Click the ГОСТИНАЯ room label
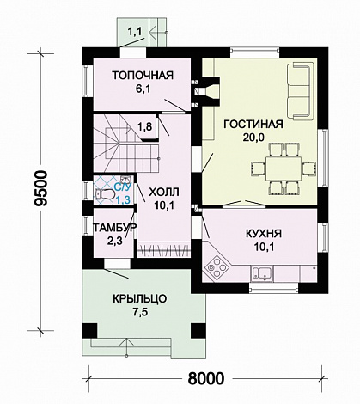coord(253,125)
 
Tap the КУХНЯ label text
coord(264,234)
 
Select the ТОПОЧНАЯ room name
coord(143,75)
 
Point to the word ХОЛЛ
coord(164,192)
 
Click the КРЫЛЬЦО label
coord(139,299)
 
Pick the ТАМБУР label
coord(114,228)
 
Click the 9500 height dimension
coord(40,188)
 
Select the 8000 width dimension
coord(206,379)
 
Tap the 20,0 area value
coord(253,138)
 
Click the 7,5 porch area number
coord(139,312)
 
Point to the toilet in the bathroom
coord(105,194)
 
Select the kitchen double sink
coord(262,273)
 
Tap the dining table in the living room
coord(284,168)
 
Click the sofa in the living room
coord(299,91)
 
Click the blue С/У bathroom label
coord(123,187)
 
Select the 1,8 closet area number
coord(144,126)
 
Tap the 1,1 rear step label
coord(134,32)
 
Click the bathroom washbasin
coord(125,180)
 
